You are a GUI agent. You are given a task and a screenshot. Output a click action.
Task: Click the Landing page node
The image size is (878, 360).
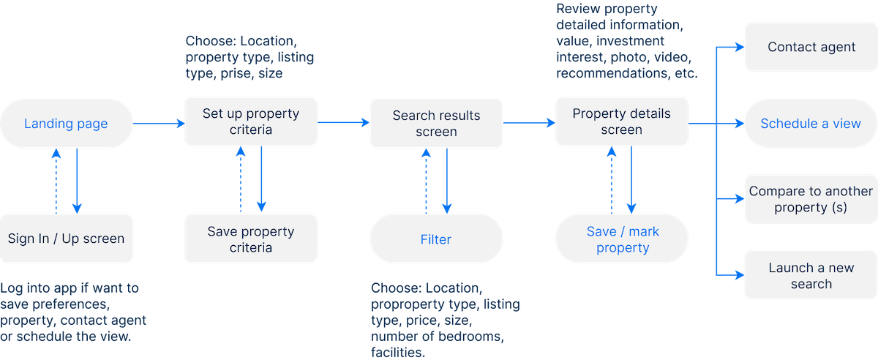tap(66, 124)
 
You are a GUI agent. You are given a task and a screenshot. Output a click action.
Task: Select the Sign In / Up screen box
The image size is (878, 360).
tap(67, 239)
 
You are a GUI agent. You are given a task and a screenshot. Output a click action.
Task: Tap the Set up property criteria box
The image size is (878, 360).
tap(250, 122)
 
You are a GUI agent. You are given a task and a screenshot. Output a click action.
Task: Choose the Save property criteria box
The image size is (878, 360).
tap(250, 239)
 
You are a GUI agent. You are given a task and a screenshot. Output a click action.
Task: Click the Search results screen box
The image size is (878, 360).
tap(436, 124)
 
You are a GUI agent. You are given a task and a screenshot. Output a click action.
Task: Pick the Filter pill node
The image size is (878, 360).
tap(436, 240)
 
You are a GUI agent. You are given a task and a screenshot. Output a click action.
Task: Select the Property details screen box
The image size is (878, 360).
tap(621, 122)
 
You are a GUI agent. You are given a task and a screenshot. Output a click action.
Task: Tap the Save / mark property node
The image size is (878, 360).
tap(622, 240)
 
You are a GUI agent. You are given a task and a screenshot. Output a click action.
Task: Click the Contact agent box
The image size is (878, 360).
tap(811, 47)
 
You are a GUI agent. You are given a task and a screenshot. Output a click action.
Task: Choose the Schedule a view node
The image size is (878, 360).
tap(811, 124)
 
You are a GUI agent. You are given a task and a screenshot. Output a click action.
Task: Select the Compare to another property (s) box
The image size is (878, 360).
tap(811, 199)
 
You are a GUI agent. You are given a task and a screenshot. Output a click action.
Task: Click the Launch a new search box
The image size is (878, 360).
tap(811, 276)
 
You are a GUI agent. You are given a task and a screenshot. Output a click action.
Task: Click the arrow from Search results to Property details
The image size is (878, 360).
tap(528, 124)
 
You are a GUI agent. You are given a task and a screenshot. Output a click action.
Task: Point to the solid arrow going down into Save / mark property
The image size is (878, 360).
tap(631, 183)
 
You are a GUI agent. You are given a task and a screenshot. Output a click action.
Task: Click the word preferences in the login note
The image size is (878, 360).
tap(70, 304)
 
